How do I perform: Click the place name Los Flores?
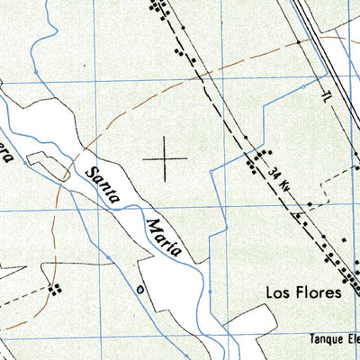pyautogui.click(x=302, y=292)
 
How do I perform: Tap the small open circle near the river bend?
pyautogui.click(x=139, y=290)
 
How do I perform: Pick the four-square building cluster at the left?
pyautogui.click(x=56, y=290)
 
